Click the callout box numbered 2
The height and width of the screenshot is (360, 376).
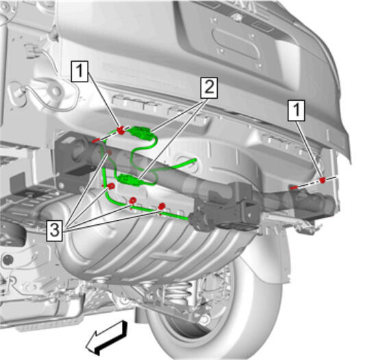[209, 88]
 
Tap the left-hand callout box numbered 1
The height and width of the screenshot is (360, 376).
[79, 71]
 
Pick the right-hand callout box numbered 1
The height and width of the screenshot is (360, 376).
[297, 110]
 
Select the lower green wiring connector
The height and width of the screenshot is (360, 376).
[128, 180]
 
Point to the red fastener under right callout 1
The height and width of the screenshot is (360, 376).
[323, 180]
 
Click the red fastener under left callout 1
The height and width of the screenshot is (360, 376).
[121, 130]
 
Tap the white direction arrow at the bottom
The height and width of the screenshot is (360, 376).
[108, 337]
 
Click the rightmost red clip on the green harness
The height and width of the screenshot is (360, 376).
[162, 206]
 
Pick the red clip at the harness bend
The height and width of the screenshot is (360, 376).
[111, 186]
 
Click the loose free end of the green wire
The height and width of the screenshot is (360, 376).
[195, 160]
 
